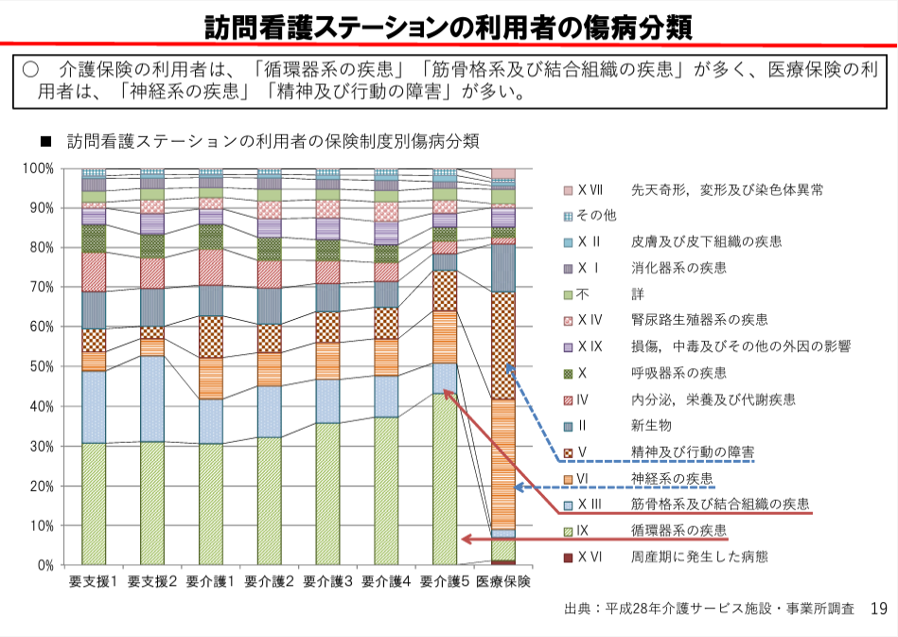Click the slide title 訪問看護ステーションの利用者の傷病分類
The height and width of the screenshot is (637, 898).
click(449, 26)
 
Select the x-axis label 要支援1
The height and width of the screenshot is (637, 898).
click(93, 580)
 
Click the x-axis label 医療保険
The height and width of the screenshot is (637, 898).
click(502, 580)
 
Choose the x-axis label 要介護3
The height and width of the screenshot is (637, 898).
click(327, 580)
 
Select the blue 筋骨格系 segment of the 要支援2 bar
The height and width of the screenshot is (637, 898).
click(151, 398)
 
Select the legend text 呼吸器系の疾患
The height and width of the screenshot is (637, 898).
click(678, 372)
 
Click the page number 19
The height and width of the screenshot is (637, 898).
click(877, 608)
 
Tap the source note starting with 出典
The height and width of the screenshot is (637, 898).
click(709, 608)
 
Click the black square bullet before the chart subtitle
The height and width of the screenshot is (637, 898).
click(44, 142)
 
